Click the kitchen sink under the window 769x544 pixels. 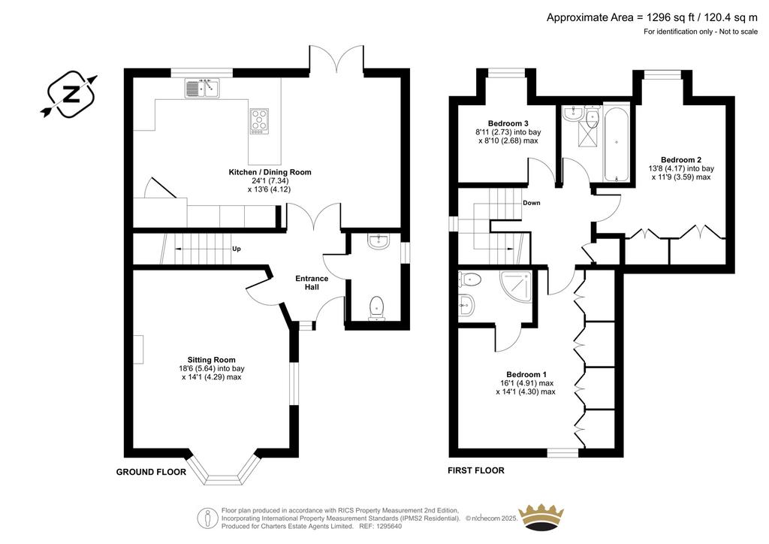(x=203, y=88)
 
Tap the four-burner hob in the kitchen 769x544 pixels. (x=259, y=121)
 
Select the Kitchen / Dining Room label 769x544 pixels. (x=270, y=172)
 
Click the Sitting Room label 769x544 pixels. (x=211, y=360)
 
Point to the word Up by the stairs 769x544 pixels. (x=237, y=249)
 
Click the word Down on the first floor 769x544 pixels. (x=532, y=203)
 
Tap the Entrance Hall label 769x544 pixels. (x=312, y=283)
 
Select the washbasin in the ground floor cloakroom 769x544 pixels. (x=378, y=241)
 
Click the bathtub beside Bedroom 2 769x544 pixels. (x=617, y=142)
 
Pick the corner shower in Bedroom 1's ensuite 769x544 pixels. (x=516, y=286)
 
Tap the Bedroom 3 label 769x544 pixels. (x=508, y=123)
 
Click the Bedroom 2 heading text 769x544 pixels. (x=680, y=159)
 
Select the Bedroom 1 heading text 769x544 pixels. (x=526, y=374)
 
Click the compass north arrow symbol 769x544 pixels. (x=70, y=94)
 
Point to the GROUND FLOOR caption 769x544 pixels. (x=151, y=472)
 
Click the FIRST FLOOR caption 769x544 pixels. (x=475, y=470)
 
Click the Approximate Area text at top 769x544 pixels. (x=652, y=18)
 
